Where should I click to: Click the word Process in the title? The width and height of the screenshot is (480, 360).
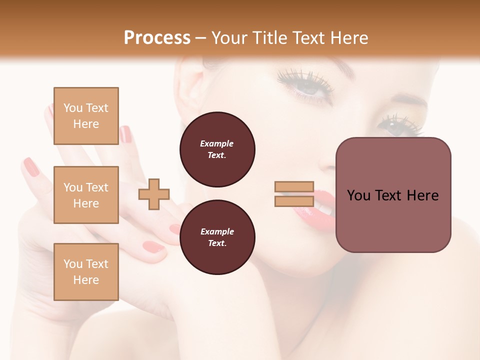[x=157, y=37]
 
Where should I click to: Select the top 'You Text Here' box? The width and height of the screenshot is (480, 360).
[x=86, y=116]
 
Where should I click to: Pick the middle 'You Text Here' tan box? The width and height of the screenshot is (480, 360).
[x=86, y=195]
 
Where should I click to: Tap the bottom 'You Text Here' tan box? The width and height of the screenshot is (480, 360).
[x=86, y=271]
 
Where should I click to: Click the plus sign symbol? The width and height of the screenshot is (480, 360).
[x=154, y=194]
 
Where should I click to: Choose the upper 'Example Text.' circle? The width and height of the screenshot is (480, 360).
[x=217, y=149]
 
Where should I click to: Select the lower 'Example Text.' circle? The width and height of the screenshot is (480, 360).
[x=217, y=237]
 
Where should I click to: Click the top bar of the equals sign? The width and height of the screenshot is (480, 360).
[x=294, y=187]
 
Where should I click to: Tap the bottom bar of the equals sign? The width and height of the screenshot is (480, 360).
[x=294, y=201]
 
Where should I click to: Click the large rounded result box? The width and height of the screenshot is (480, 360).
[x=393, y=194]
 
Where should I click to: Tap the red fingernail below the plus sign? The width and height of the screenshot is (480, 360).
[x=153, y=246]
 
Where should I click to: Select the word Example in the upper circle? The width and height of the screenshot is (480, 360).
[x=217, y=143]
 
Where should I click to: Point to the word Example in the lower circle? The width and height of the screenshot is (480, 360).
[x=217, y=231]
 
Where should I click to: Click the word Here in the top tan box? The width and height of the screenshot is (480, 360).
[x=86, y=124]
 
